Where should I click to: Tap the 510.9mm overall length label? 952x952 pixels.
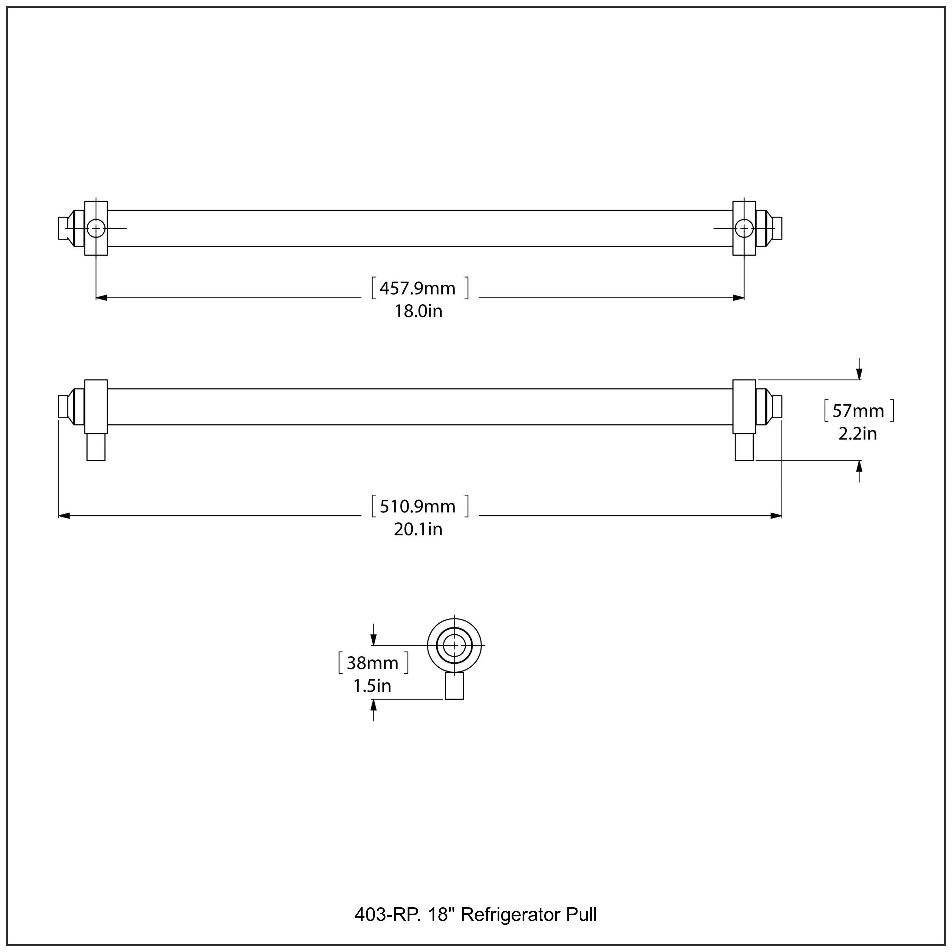coord(418,506)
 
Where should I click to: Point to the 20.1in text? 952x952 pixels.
coord(418,530)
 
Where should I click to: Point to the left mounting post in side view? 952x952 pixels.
coord(96,447)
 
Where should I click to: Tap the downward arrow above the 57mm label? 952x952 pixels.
coord(859,375)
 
